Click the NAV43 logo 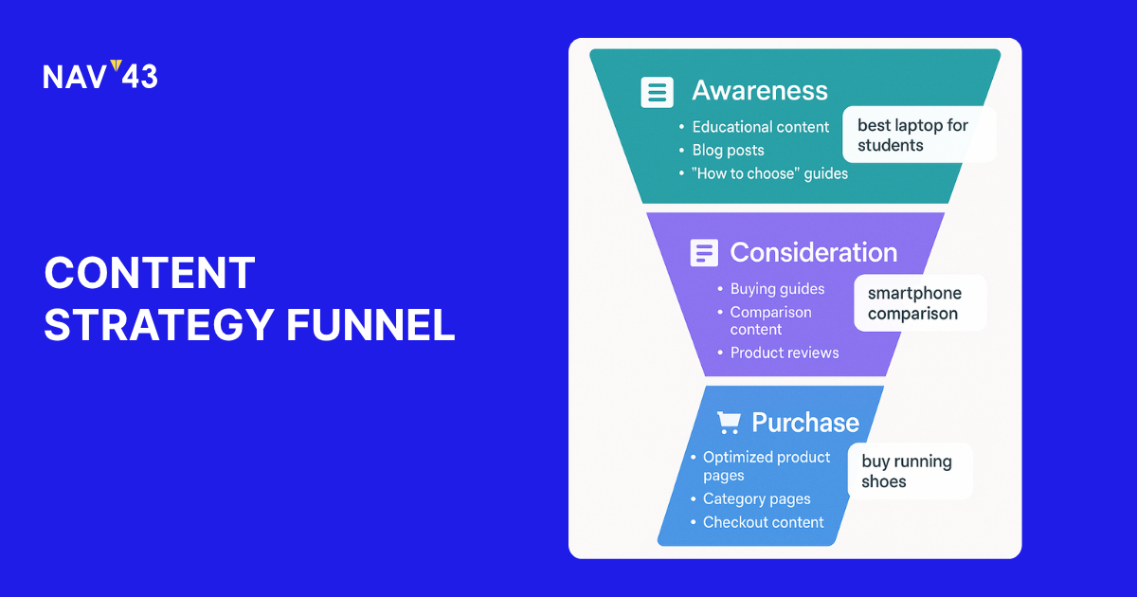[100, 76]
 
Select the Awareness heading [760, 91]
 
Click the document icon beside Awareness [658, 92]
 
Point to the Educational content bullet [761, 127]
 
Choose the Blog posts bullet [728, 151]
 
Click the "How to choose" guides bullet [769, 174]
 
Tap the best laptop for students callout [918, 136]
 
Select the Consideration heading [813, 253]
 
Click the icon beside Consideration [704, 253]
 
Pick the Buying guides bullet [777, 289]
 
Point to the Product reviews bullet [785, 353]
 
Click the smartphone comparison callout [919, 303]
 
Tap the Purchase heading [805, 423]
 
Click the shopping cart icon [729, 423]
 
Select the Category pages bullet [756, 499]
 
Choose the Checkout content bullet [763, 522]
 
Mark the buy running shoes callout [908, 471]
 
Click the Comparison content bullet [770, 320]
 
